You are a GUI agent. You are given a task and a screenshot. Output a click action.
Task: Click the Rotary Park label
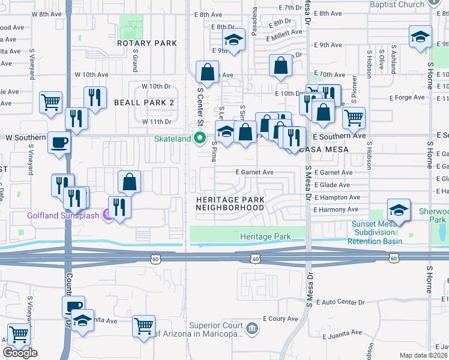coord(147,43)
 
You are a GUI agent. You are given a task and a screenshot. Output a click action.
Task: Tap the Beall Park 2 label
coord(144,103)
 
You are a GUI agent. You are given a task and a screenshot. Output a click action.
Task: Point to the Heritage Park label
coord(265,237)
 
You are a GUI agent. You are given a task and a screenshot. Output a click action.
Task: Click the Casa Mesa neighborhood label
coord(327,149)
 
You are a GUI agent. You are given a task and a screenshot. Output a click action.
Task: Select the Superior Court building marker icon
coord(253,327)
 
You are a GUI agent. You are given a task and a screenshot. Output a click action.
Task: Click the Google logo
coord(20,353)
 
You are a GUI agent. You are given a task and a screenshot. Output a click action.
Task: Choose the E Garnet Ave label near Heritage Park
coord(255,172)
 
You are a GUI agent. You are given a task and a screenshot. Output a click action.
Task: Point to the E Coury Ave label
coord(280,319)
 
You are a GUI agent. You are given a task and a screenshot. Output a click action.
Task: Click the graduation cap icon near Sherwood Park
coord(397,210)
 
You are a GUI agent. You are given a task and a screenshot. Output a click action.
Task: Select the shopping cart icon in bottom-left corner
coord(18,334)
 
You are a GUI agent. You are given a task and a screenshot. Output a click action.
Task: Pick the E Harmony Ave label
coord(336,209)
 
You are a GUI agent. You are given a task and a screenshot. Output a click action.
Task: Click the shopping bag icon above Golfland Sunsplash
coord(129,181)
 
